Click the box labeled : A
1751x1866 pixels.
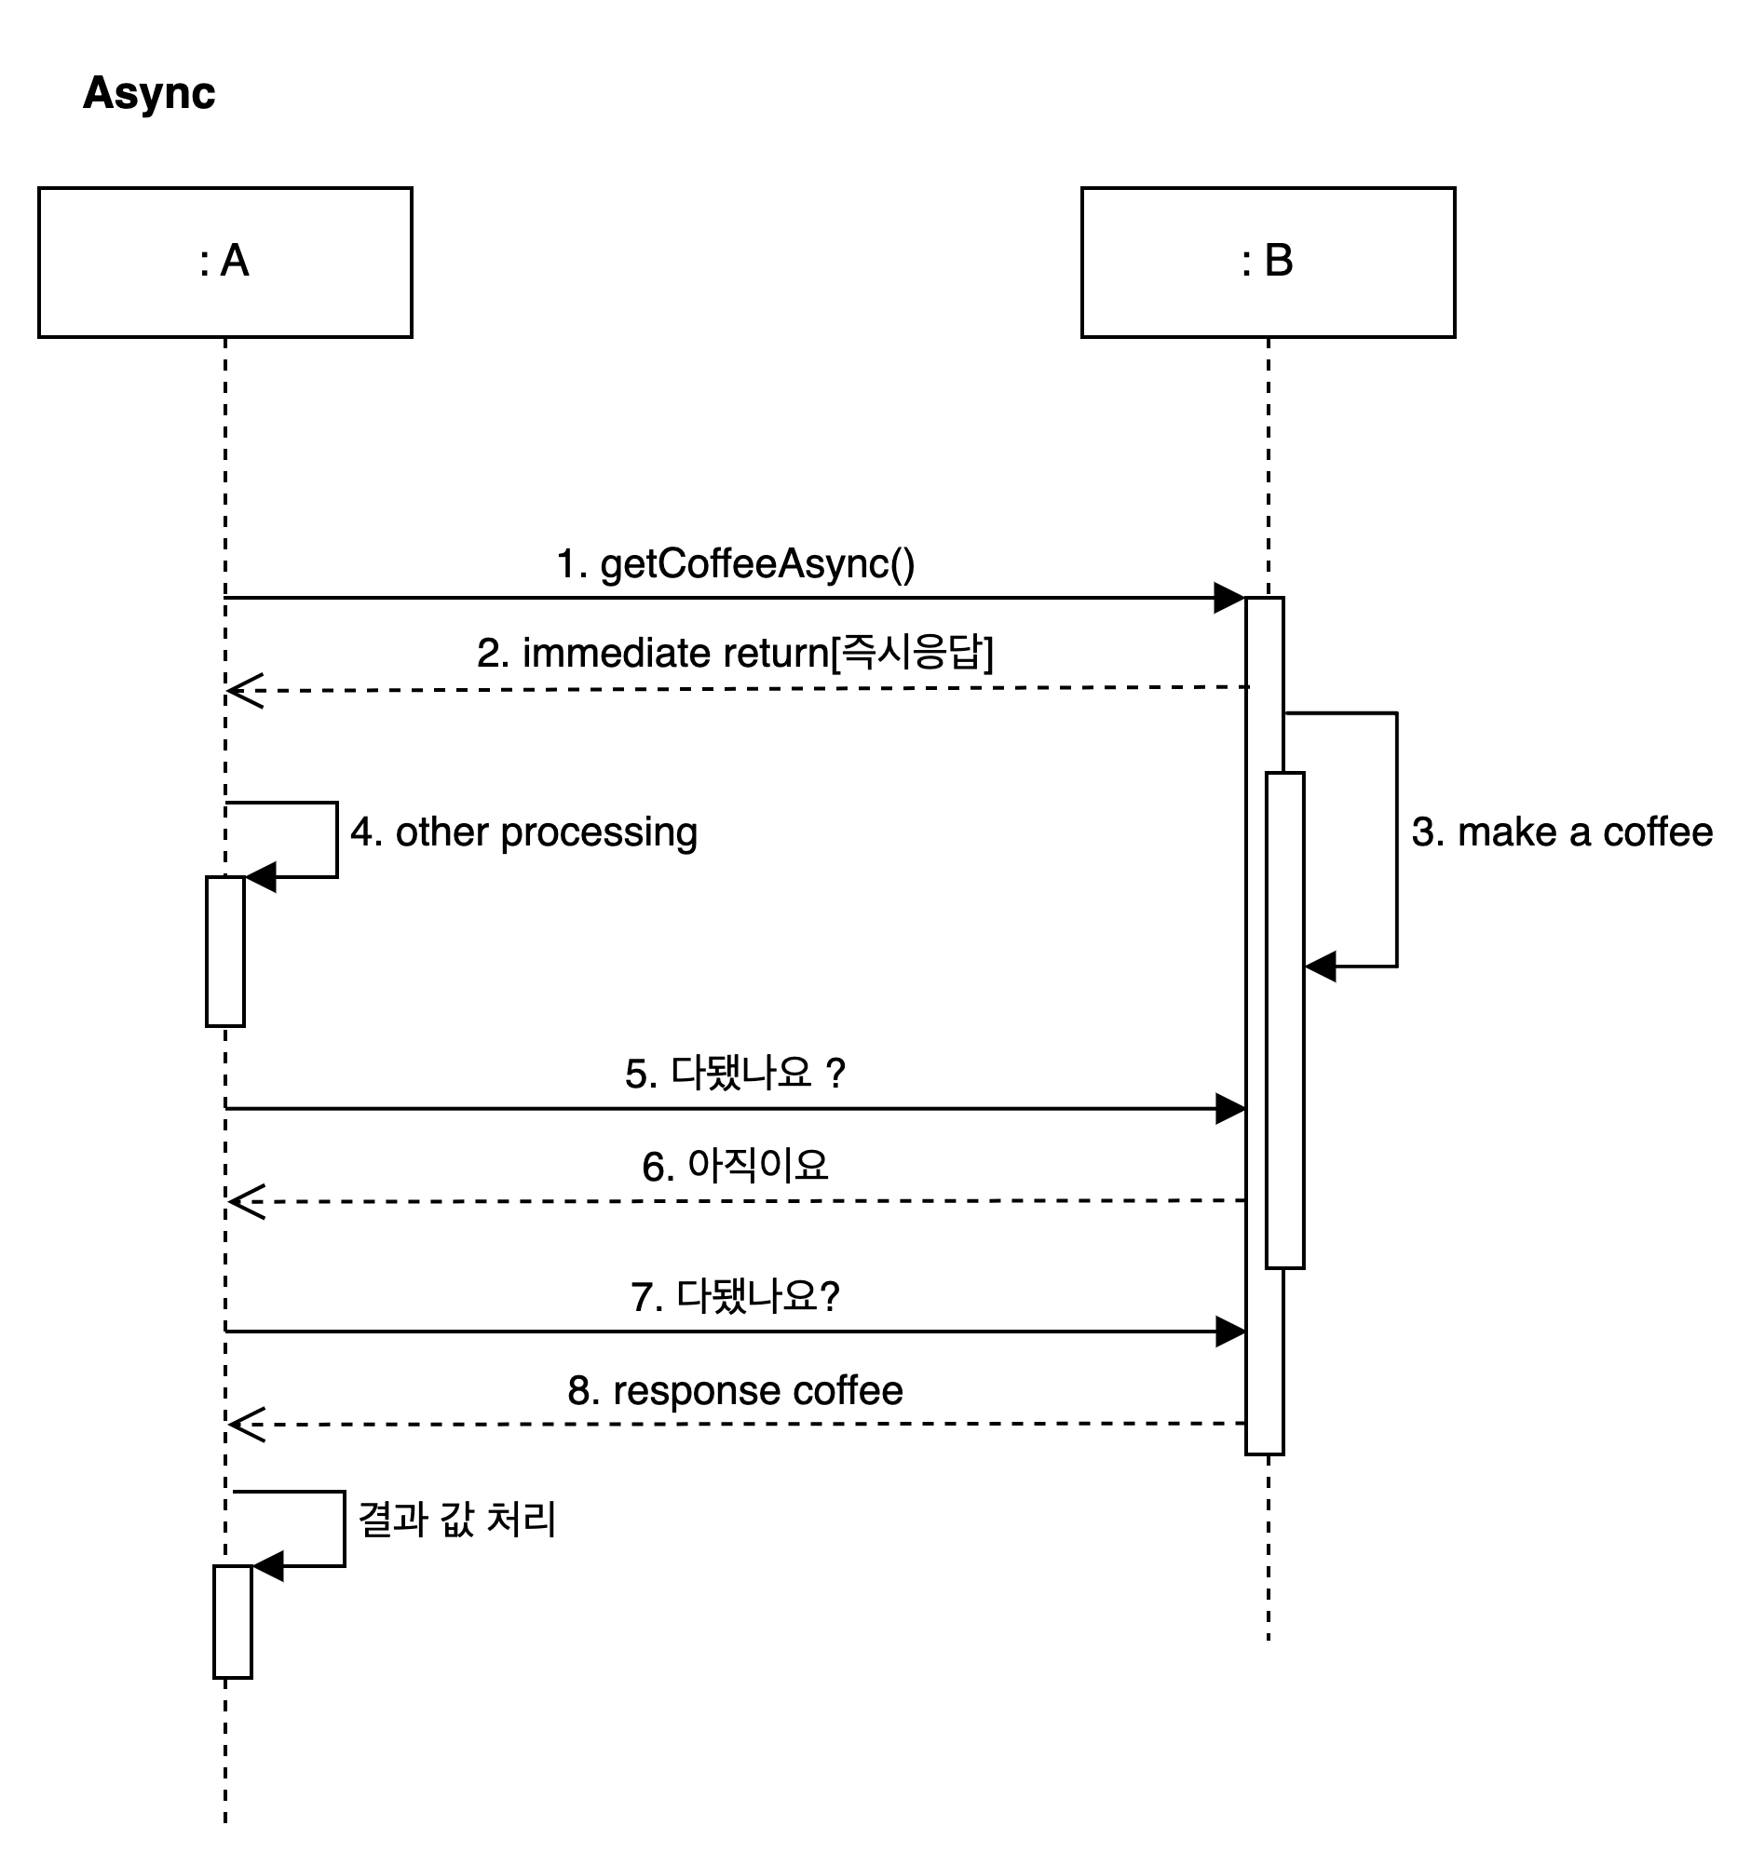tap(224, 262)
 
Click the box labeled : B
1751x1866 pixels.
tap(1268, 262)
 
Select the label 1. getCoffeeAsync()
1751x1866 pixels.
tap(735, 564)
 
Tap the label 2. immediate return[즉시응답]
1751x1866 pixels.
tap(735, 654)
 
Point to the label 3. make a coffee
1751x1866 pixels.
tap(1562, 832)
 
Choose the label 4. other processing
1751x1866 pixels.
tap(524, 832)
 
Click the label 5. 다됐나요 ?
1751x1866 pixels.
tap(735, 1074)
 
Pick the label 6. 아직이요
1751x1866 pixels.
tap(735, 1167)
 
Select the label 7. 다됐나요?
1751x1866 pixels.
tap(735, 1297)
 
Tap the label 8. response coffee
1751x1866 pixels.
tap(735, 1391)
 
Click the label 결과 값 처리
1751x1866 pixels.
tap(457, 1521)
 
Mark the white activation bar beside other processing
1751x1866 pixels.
tap(225, 951)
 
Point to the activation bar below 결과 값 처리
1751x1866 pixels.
tap(233, 1621)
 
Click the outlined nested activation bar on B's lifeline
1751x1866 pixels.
tap(1284, 1021)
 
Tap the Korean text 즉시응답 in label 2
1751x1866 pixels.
tap(912, 654)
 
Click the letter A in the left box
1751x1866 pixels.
tap(235, 261)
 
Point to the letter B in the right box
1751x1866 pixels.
tap(1279, 261)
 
